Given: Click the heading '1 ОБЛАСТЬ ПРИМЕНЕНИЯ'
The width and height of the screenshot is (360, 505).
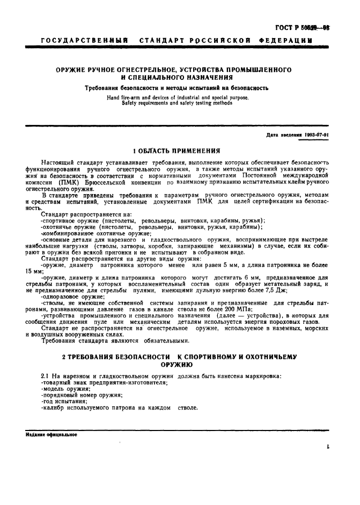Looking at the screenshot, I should pos(177,151).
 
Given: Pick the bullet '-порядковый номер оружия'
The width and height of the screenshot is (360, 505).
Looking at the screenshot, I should pos(81,395).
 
